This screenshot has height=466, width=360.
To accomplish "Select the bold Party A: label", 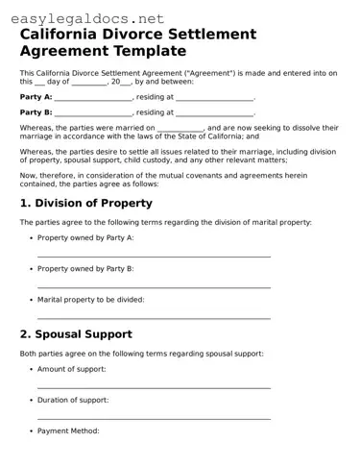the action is [x=36, y=97].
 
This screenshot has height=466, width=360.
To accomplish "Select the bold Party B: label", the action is [x=36, y=112].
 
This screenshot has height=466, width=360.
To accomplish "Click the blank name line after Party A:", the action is [x=93, y=98].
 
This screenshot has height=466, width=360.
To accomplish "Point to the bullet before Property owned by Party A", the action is [x=31, y=237].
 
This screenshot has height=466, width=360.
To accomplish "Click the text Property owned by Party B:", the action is [x=85, y=268].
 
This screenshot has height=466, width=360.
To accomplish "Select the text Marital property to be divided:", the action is [x=91, y=300].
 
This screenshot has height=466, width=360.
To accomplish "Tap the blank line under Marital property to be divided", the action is [x=154, y=316].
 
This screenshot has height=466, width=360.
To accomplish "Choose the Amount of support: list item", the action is [x=72, y=369].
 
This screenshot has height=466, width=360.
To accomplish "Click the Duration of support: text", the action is [x=73, y=400].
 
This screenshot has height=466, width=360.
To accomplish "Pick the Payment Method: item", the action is [x=68, y=430].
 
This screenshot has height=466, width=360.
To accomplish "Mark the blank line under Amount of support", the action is [x=154, y=386].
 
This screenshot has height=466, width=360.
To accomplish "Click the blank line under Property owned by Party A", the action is [x=154, y=256].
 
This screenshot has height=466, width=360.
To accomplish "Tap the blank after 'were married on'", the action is [x=180, y=128].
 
